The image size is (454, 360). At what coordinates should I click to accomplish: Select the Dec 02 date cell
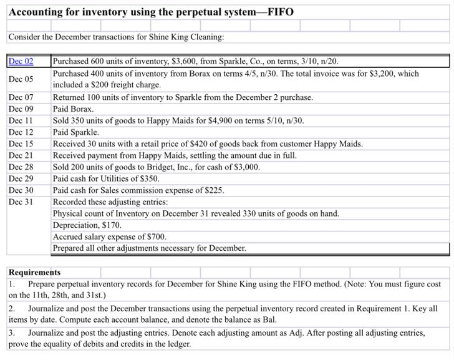click(21, 62)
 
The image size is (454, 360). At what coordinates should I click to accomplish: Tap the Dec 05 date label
click(21, 79)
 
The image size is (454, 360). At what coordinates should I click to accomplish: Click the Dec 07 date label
click(21, 97)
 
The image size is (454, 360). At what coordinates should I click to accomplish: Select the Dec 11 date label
click(21, 120)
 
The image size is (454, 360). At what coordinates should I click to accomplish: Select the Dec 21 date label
click(21, 155)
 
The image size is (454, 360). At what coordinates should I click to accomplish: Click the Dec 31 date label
click(21, 202)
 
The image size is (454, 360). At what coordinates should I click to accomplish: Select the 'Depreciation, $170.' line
click(87, 225)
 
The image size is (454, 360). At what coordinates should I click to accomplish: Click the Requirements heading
click(34, 273)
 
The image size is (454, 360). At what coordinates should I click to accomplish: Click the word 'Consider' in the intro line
click(24, 37)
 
